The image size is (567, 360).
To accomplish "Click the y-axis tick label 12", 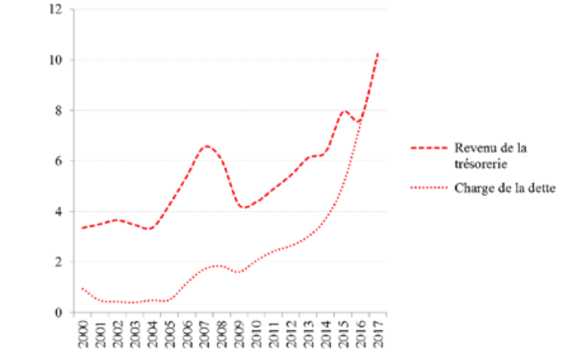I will point(57,9).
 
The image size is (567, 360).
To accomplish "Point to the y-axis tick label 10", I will point(57,60).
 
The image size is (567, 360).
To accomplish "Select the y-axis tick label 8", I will point(60,110).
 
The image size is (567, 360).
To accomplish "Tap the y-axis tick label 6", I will point(60,161).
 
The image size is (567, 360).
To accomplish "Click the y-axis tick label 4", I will point(60,211).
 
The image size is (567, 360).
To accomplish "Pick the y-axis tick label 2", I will point(60,262).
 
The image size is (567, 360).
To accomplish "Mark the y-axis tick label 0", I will point(60,313).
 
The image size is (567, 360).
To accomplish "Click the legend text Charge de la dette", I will point(504,188).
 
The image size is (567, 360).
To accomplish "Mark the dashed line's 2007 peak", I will point(206,146).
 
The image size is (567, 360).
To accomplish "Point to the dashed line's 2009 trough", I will point(244,208).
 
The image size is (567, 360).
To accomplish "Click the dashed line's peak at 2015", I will point(345,111).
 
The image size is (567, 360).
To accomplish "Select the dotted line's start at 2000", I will point(82,289).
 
